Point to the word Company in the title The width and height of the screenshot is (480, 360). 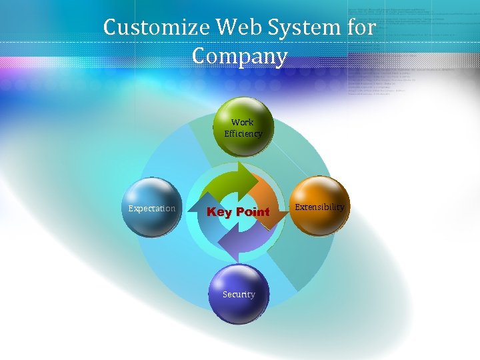click(x=239, y=56)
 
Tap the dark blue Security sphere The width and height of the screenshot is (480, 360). click(x=239, y=293)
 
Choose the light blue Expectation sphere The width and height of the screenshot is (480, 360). click(x=151, y=207)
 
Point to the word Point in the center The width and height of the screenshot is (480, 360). click(x=251, y=212)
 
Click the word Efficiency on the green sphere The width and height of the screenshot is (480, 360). click(x=243, y=133)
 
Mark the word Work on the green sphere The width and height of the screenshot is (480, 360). click(x=243, y=122)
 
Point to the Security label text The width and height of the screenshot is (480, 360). click(x=239, y=294)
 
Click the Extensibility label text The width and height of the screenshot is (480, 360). click(x=320, y=207)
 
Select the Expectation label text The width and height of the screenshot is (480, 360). click(x=152, y=209)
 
